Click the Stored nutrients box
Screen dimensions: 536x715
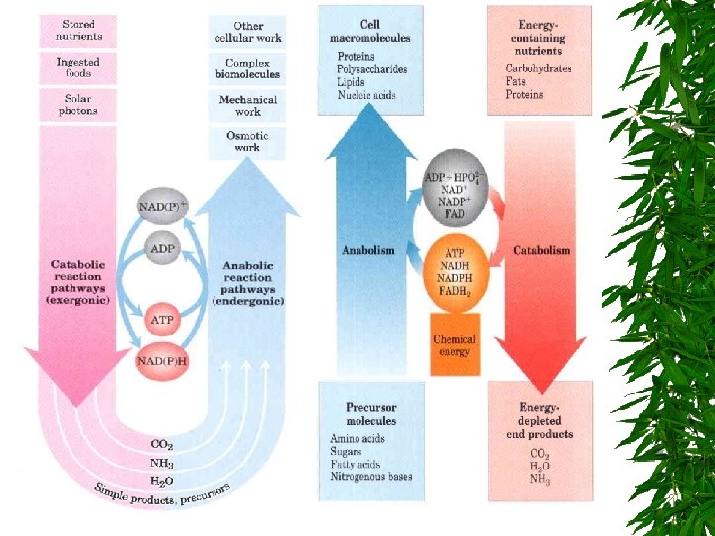coord(78,31)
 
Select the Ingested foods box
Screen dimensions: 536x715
coord(78,67)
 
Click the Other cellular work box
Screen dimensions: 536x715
coord(247,32)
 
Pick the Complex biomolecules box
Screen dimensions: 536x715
coord(247,68)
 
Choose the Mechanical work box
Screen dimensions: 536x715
coord(247,105)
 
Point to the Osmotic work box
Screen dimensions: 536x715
coord(247,141)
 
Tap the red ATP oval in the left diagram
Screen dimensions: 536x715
coord(162,320)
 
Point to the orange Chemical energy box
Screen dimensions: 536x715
coord(454,345)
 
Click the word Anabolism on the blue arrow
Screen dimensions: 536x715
coord(367,250)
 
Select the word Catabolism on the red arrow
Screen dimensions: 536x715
coord(541,250)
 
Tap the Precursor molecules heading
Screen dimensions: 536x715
coord(370,414)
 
